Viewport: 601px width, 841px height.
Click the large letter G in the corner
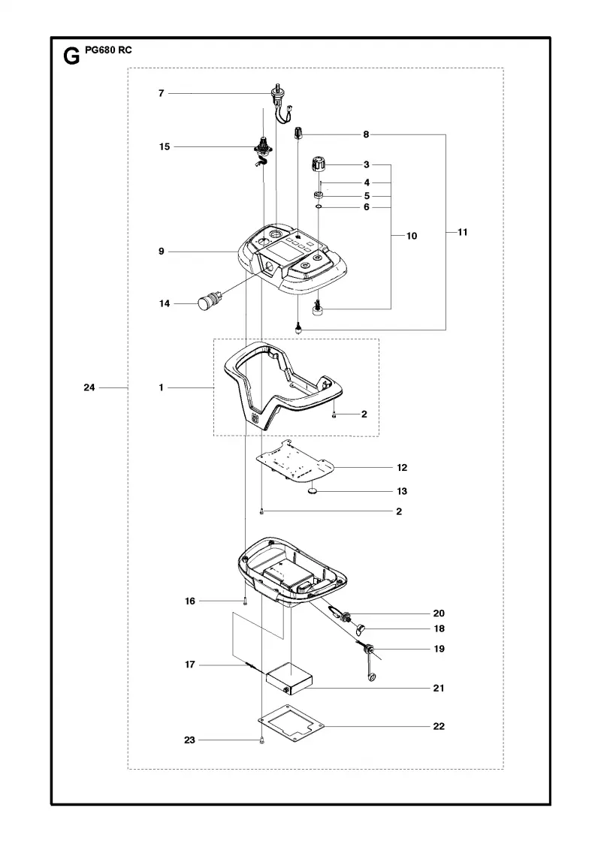[71, 56]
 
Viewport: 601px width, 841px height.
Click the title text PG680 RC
[108, 50]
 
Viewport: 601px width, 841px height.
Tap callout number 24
[89, 387]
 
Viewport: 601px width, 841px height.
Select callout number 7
[161, 93]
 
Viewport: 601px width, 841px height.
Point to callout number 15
[165, 146]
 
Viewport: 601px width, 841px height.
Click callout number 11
[463, 232]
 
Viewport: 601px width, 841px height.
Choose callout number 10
[412, 236]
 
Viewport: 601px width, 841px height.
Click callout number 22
[439, 726]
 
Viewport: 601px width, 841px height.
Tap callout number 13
[402, 491]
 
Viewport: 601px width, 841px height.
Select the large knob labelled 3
[319, 163]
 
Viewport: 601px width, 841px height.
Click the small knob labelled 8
[298, 133]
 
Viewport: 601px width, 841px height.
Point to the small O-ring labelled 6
[319, 206]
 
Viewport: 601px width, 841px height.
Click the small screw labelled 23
[261, 740]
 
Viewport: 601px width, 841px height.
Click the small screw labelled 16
[245, 601]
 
